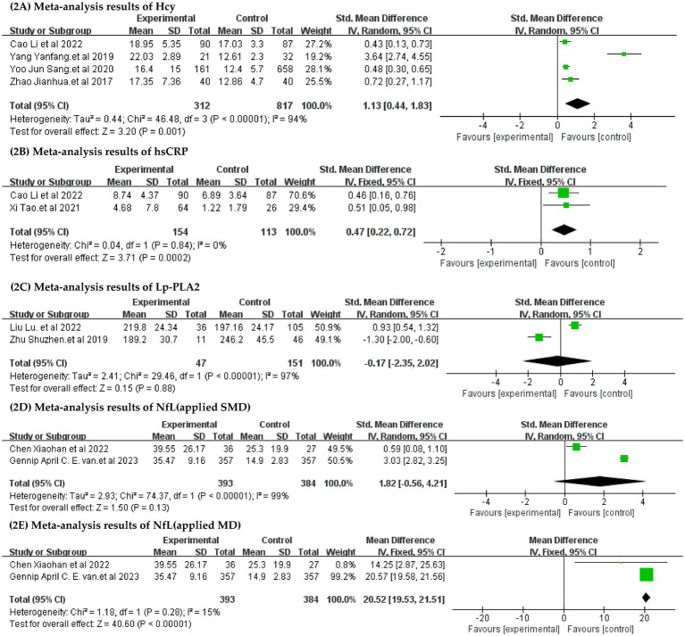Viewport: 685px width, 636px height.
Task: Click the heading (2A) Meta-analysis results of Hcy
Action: [x=92, y=6]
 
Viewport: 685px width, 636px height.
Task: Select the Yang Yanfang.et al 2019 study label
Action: [x=62, y=57]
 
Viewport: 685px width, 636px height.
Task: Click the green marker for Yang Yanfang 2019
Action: [x=624, y=54]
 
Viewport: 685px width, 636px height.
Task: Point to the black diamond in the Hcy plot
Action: [x=578, y=103]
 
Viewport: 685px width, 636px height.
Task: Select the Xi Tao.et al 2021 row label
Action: [x=45, y=208]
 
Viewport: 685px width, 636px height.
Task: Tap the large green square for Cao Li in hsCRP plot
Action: [x=564, y=193]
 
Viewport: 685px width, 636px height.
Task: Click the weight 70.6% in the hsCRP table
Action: [x=302, y=195]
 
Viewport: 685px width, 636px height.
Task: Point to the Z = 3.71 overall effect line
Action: [x=100, y=258]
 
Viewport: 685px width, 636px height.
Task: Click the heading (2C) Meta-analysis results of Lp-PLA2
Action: [x=104, y=287]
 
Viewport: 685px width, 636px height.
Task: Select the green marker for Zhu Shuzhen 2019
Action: [x=539, y=337]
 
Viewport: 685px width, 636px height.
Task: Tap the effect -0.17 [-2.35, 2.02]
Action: [x=402, y=363]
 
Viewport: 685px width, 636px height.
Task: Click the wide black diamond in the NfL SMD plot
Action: [x=600, y=481]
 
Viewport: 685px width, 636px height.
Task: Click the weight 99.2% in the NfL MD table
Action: [x=341, y=576]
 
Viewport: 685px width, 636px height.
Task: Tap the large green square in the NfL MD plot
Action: [x=646, y=574]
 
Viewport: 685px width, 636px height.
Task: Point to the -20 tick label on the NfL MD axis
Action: [x=482, y=617]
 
